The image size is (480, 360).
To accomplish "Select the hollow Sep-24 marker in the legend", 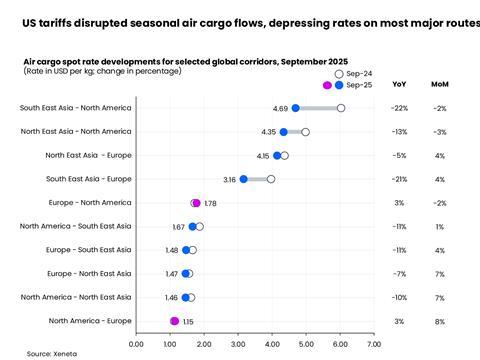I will tap(339, 74).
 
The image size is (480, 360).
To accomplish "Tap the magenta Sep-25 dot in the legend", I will tap(327, 85).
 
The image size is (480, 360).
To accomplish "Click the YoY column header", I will tap(399, 84).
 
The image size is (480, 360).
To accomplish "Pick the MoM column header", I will tap(439, 84).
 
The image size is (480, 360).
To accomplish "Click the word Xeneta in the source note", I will tap(65, 353).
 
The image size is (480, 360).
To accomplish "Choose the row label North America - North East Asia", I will tap(75, 297).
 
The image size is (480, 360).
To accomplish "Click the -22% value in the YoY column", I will tap(399, 108).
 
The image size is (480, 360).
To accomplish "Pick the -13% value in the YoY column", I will tap(399, 131).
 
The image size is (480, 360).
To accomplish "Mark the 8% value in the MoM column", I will tap(439, 321).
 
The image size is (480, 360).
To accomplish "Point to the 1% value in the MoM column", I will tap(439, 226).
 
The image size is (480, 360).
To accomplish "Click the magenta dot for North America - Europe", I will tap(175, 321).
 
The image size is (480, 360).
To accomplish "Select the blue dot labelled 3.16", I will tap(243, 179).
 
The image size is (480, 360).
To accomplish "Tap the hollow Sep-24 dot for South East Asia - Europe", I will tap(271, 179).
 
